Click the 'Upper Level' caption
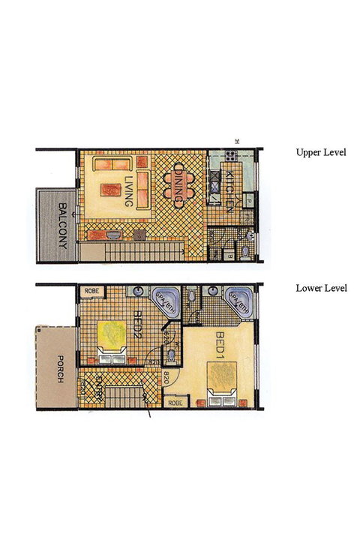(321, 152)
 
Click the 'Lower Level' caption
(321, 287)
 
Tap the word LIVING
(129, 190)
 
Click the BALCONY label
(64, 226)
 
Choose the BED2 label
(138, 328)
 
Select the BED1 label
(220, 345)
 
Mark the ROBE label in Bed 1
(175, 403)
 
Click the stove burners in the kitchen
(229, 157)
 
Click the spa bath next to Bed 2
(163, 299)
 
